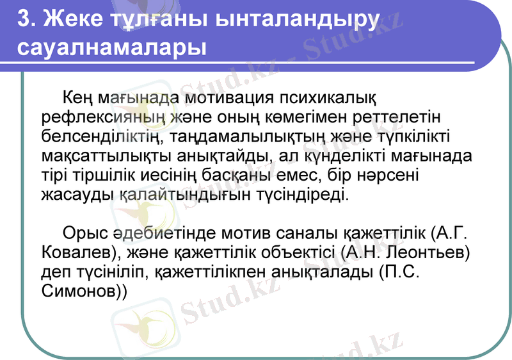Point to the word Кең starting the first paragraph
point(78,99)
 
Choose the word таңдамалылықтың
point(251,137)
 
